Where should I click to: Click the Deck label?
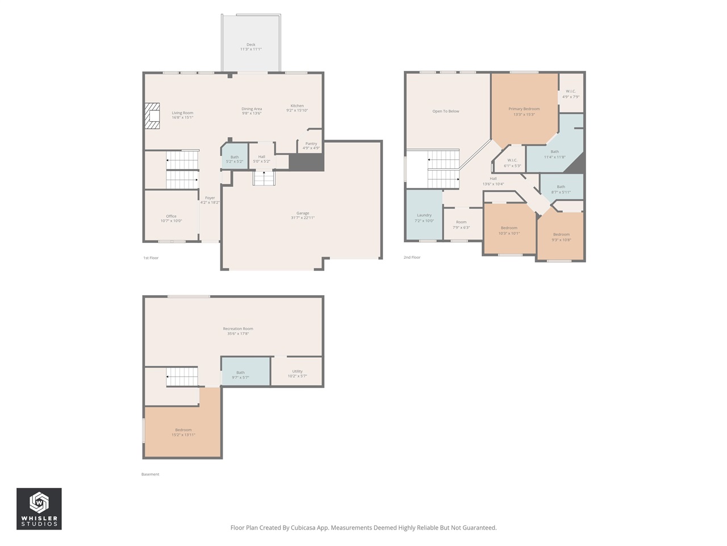coord(250,45)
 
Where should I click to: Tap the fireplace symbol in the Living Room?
coord(152,115)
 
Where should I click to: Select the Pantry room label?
coord(311,144)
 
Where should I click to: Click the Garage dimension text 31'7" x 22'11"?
coord(302,218)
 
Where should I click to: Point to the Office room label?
coord(171,216)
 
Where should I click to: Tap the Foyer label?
coord(210,198)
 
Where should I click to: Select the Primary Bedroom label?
coord(524,109)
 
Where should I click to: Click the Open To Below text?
coord(446,111)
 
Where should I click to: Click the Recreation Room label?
coord(238,329)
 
